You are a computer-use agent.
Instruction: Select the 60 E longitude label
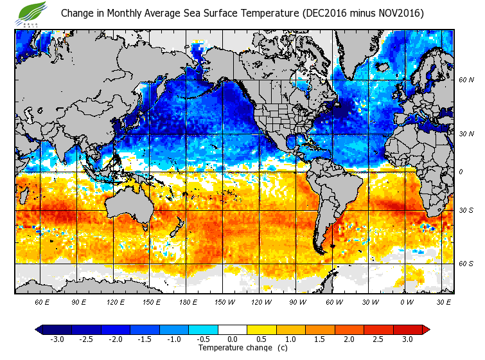pyautogui.click(x=42, y=301)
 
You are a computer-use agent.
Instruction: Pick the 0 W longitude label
pyautogui.click(x=406, y=301)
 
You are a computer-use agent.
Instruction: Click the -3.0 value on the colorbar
pyautogui.click(x=57, y=339)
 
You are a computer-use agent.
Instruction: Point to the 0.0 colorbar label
pyautogui.click(x=233, y=339)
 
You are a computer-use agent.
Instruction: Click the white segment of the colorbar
pyautogui.click(x=233, y=330)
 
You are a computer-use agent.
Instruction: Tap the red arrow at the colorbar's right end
pyautogui.click(x=426, y=330)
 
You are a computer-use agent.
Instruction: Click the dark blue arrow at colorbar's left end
pyautogui.click(x=39, y=330)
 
